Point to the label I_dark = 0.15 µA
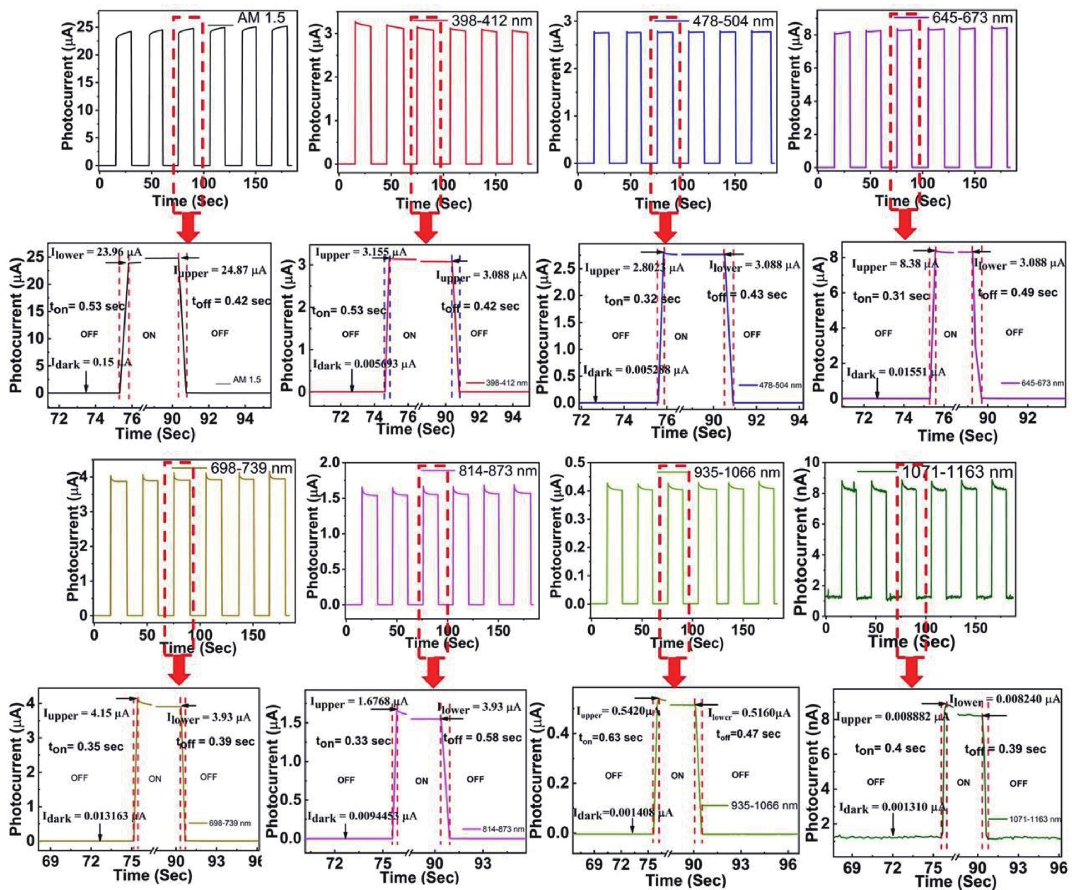tap(91, 362)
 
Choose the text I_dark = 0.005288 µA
tap(636, 370)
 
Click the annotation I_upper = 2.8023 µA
tap(634, 268)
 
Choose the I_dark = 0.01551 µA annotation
tap(896, 373)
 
